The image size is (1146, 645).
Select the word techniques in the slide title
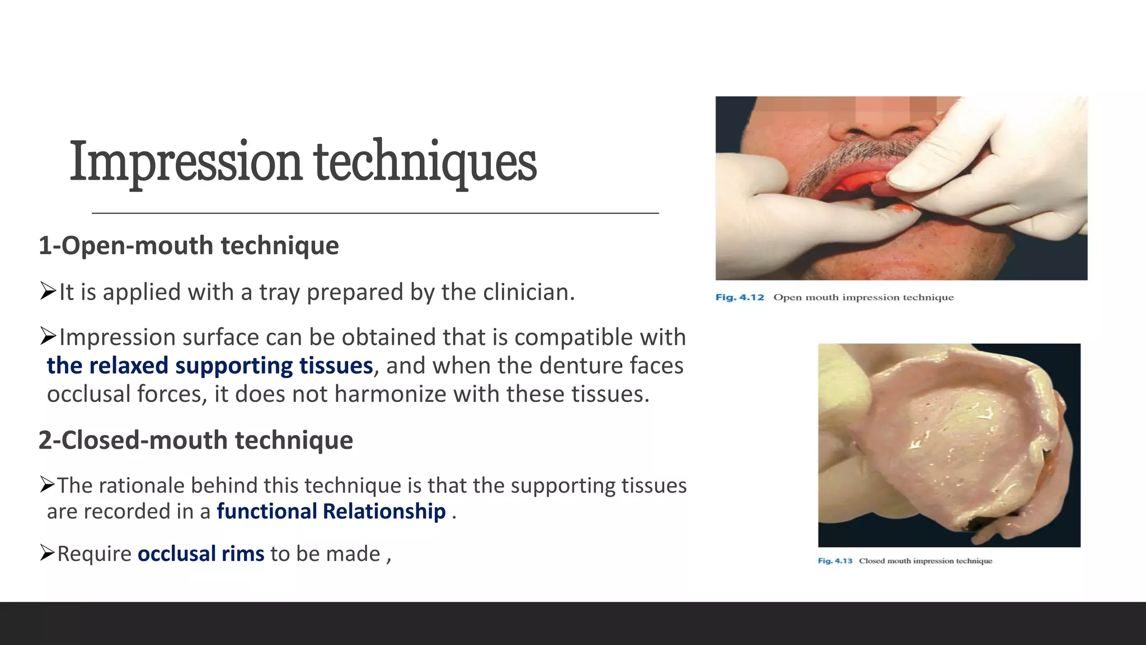pyautogui.click(x=425, y=162)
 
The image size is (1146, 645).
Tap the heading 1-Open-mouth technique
pyautogui.click(x=189, y=246)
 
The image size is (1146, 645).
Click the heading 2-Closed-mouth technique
pyautogui.click(x=196, y=440)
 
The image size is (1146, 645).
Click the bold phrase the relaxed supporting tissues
pyautogui.click(x=210, y=366)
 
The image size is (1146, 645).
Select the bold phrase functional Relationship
pyautogui.click(x=331, y=511)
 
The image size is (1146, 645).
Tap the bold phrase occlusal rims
pyautogui.click(x=201, y=554)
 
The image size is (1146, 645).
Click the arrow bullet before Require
pyautogui.click(x=48, y=553)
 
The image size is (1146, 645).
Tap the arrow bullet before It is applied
pyautogui.click(x=49, y=291)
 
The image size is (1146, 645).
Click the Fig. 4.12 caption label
pyautogui.click(x=739, y=297)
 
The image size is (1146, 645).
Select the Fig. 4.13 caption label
pyautogui.click(x=835, y=561)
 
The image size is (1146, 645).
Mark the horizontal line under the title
pyautogui.click(x=375, y=213)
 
